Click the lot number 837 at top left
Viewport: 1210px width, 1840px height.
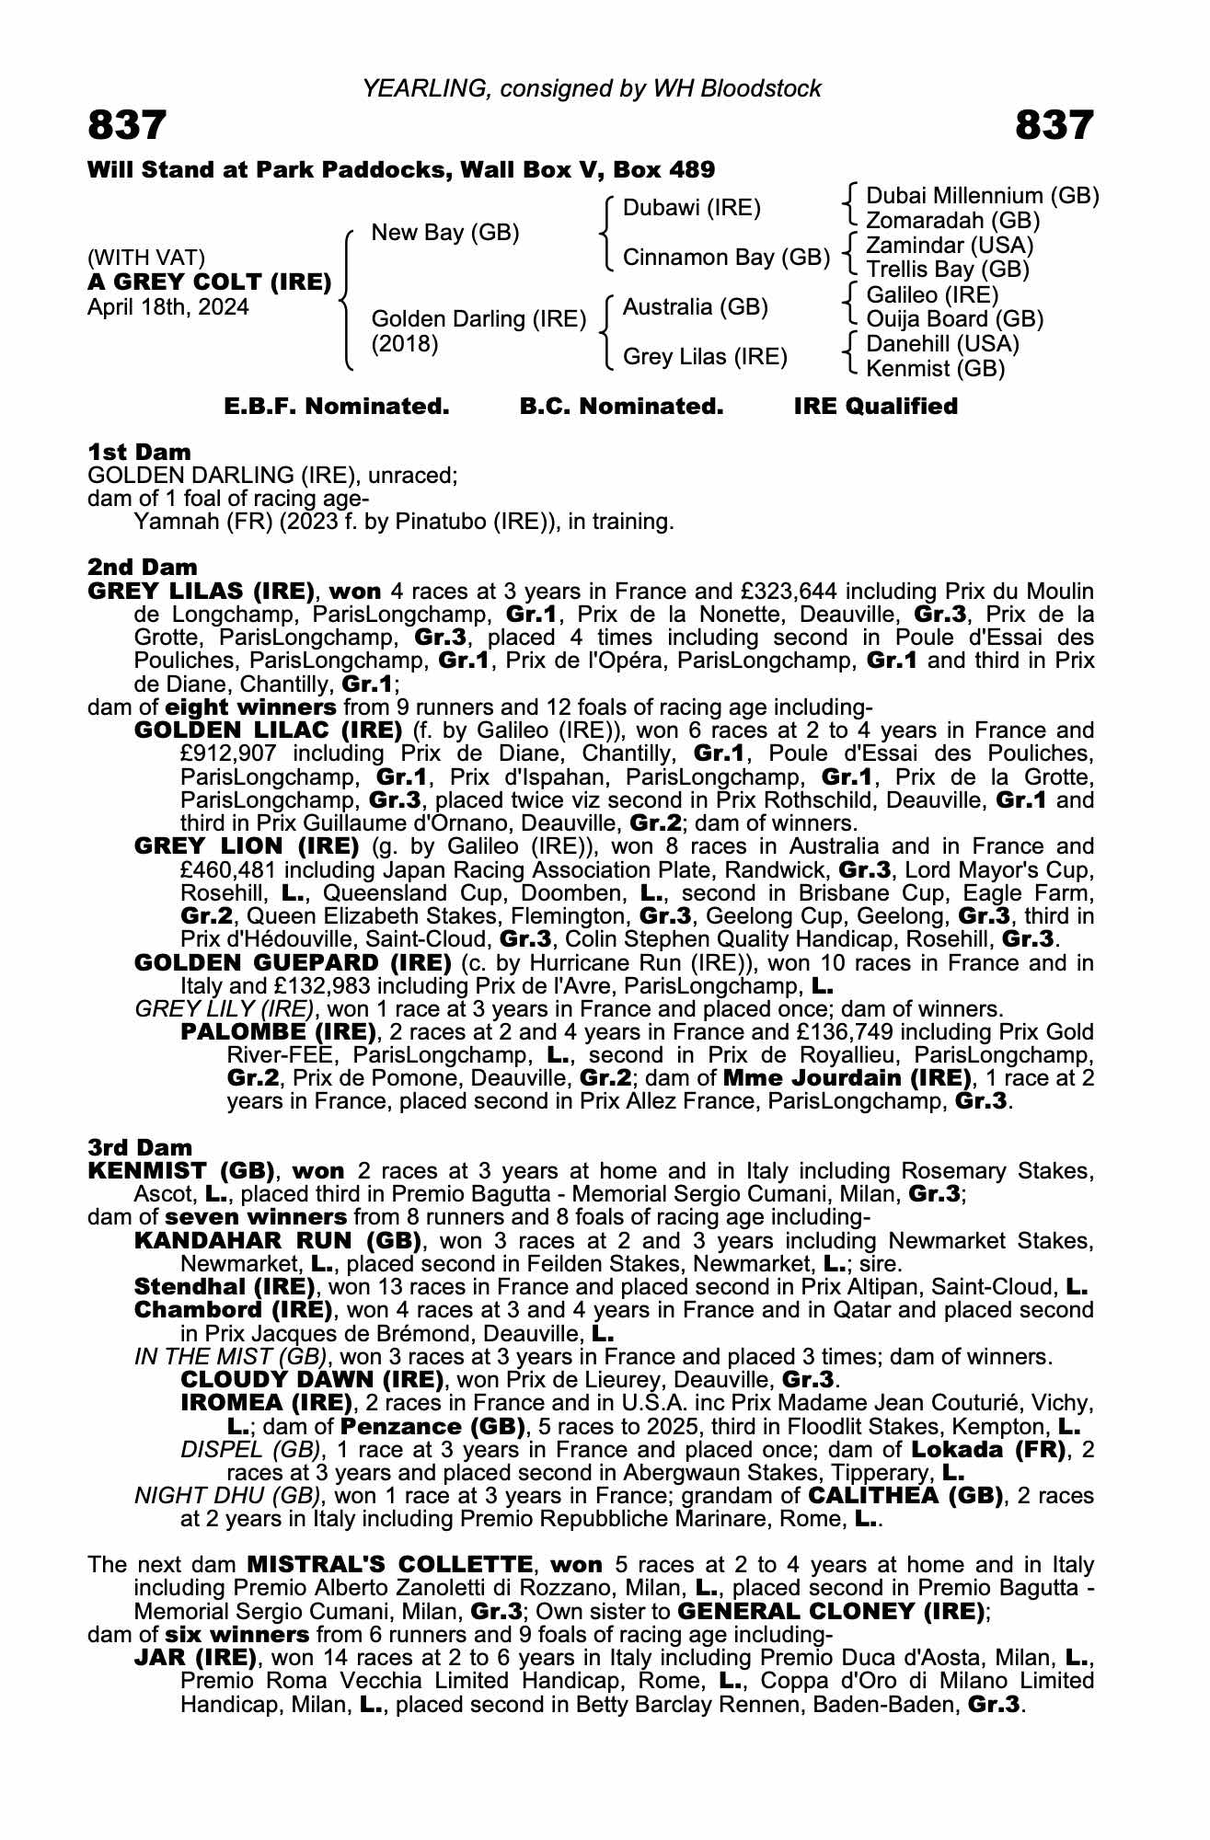[127, 125]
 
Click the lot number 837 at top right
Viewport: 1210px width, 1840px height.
[1054, 125]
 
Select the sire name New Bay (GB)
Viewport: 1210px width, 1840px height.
[445, 233]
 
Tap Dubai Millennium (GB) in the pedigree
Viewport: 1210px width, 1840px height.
[983, 196]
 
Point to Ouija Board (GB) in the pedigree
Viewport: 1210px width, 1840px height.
[955, 319]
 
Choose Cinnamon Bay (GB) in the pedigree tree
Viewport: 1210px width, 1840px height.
[726, 258]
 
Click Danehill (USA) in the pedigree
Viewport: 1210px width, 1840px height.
[942, 344]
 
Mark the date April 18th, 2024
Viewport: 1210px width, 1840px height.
[167, 307]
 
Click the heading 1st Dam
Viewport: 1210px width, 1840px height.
[139, 452]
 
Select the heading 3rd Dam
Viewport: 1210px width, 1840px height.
[140, 1147]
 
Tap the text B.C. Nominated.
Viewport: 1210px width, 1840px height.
[621, 407]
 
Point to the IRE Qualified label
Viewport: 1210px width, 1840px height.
[875, 407]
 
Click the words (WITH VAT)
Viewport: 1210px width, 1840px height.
[146, 258]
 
